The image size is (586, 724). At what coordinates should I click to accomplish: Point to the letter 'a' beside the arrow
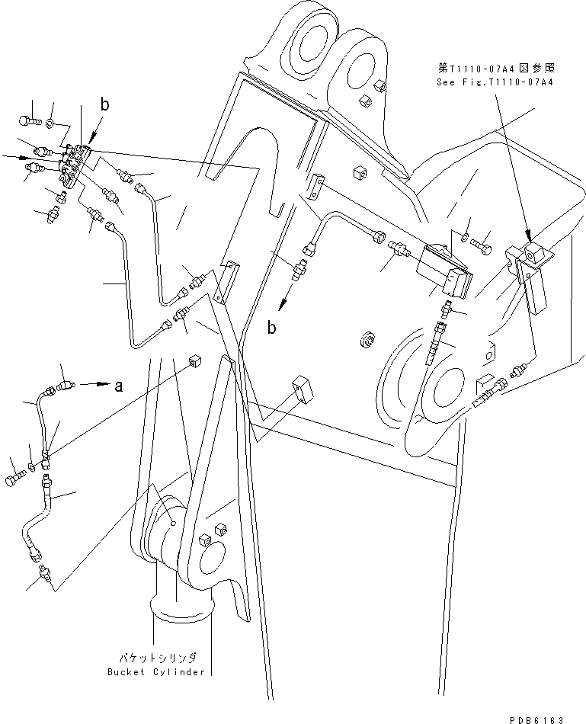(118, 386)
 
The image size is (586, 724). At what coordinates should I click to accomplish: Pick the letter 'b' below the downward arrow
(272, 327)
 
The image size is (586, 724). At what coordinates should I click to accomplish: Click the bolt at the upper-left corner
(27, 119)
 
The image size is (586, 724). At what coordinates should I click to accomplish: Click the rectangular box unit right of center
(444, 271)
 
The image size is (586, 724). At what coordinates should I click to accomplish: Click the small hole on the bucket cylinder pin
(175, 524)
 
